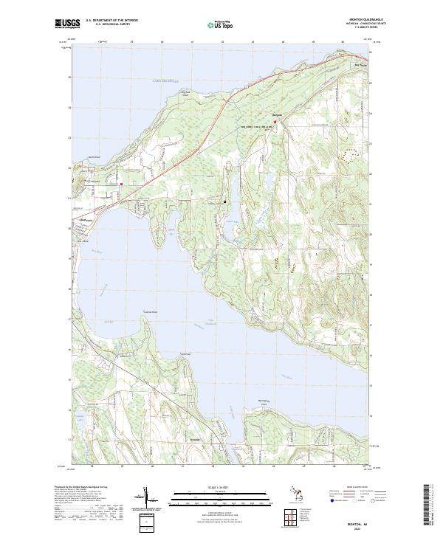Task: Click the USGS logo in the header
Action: (67, 24)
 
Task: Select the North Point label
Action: (93, 156)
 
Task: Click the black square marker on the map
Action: (224, 201)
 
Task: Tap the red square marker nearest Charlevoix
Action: (121, 184)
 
